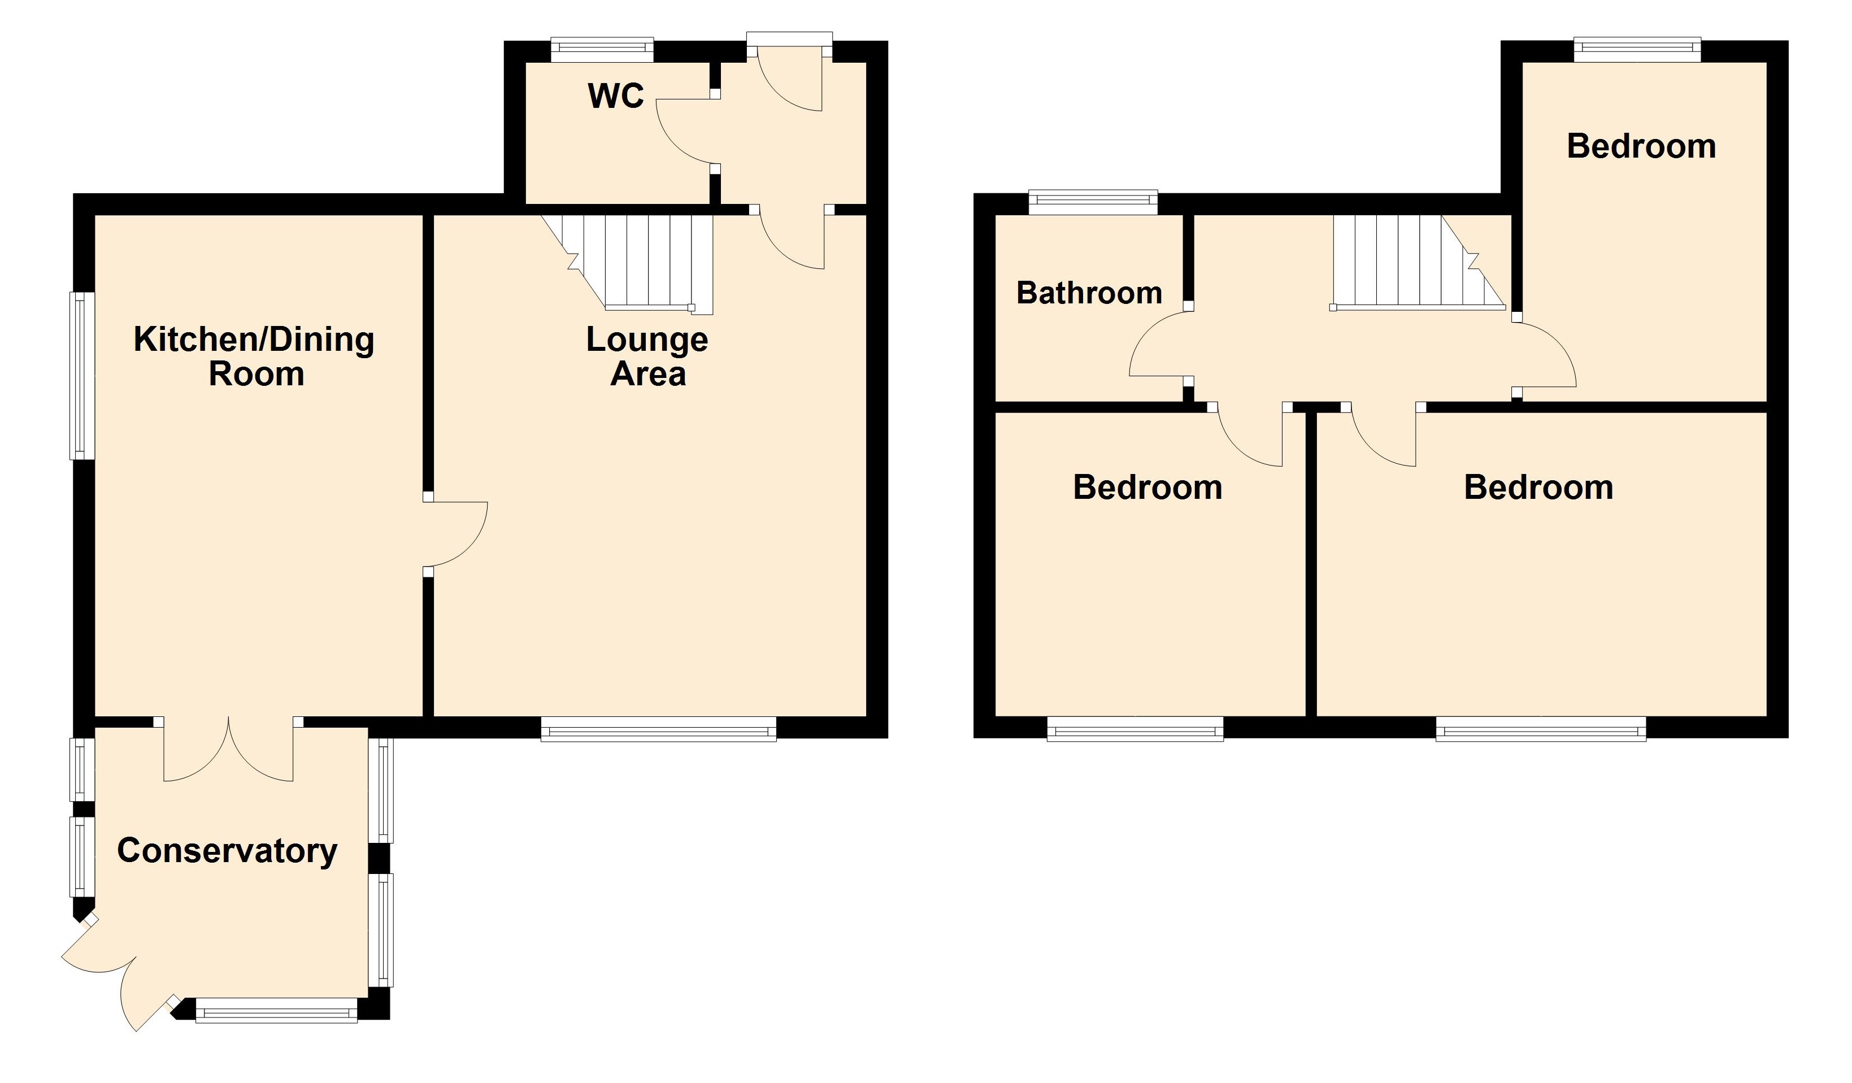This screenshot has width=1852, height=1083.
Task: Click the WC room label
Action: [616, 96]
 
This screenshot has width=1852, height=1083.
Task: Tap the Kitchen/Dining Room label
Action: [254, 356]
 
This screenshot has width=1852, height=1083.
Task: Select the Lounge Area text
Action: [647, 356]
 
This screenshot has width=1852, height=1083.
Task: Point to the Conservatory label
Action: [227, 851]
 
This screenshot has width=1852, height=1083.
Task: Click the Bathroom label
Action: [1089, 293]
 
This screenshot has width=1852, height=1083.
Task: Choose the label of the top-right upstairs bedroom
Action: [1641, 146]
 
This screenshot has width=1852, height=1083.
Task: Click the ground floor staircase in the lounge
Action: [640, 261]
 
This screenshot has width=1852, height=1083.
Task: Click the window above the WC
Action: [602, 49]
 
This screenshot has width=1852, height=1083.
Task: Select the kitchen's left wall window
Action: [82, 376]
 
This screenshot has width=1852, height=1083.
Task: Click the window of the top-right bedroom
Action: [1637, 49]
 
